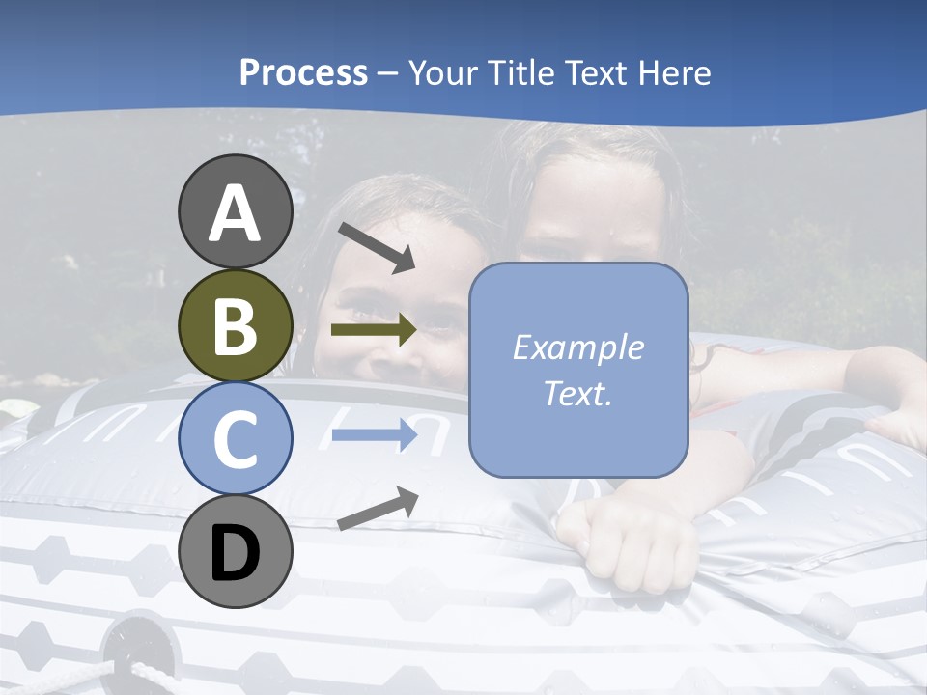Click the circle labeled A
236,211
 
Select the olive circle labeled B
236,325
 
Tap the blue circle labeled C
236,439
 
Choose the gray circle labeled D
236,552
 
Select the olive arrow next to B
374,330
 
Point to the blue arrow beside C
374,435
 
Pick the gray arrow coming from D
378,509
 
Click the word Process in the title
303,72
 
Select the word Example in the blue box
577,347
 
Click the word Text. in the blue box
577,393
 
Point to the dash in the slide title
388,73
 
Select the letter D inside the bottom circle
236,553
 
